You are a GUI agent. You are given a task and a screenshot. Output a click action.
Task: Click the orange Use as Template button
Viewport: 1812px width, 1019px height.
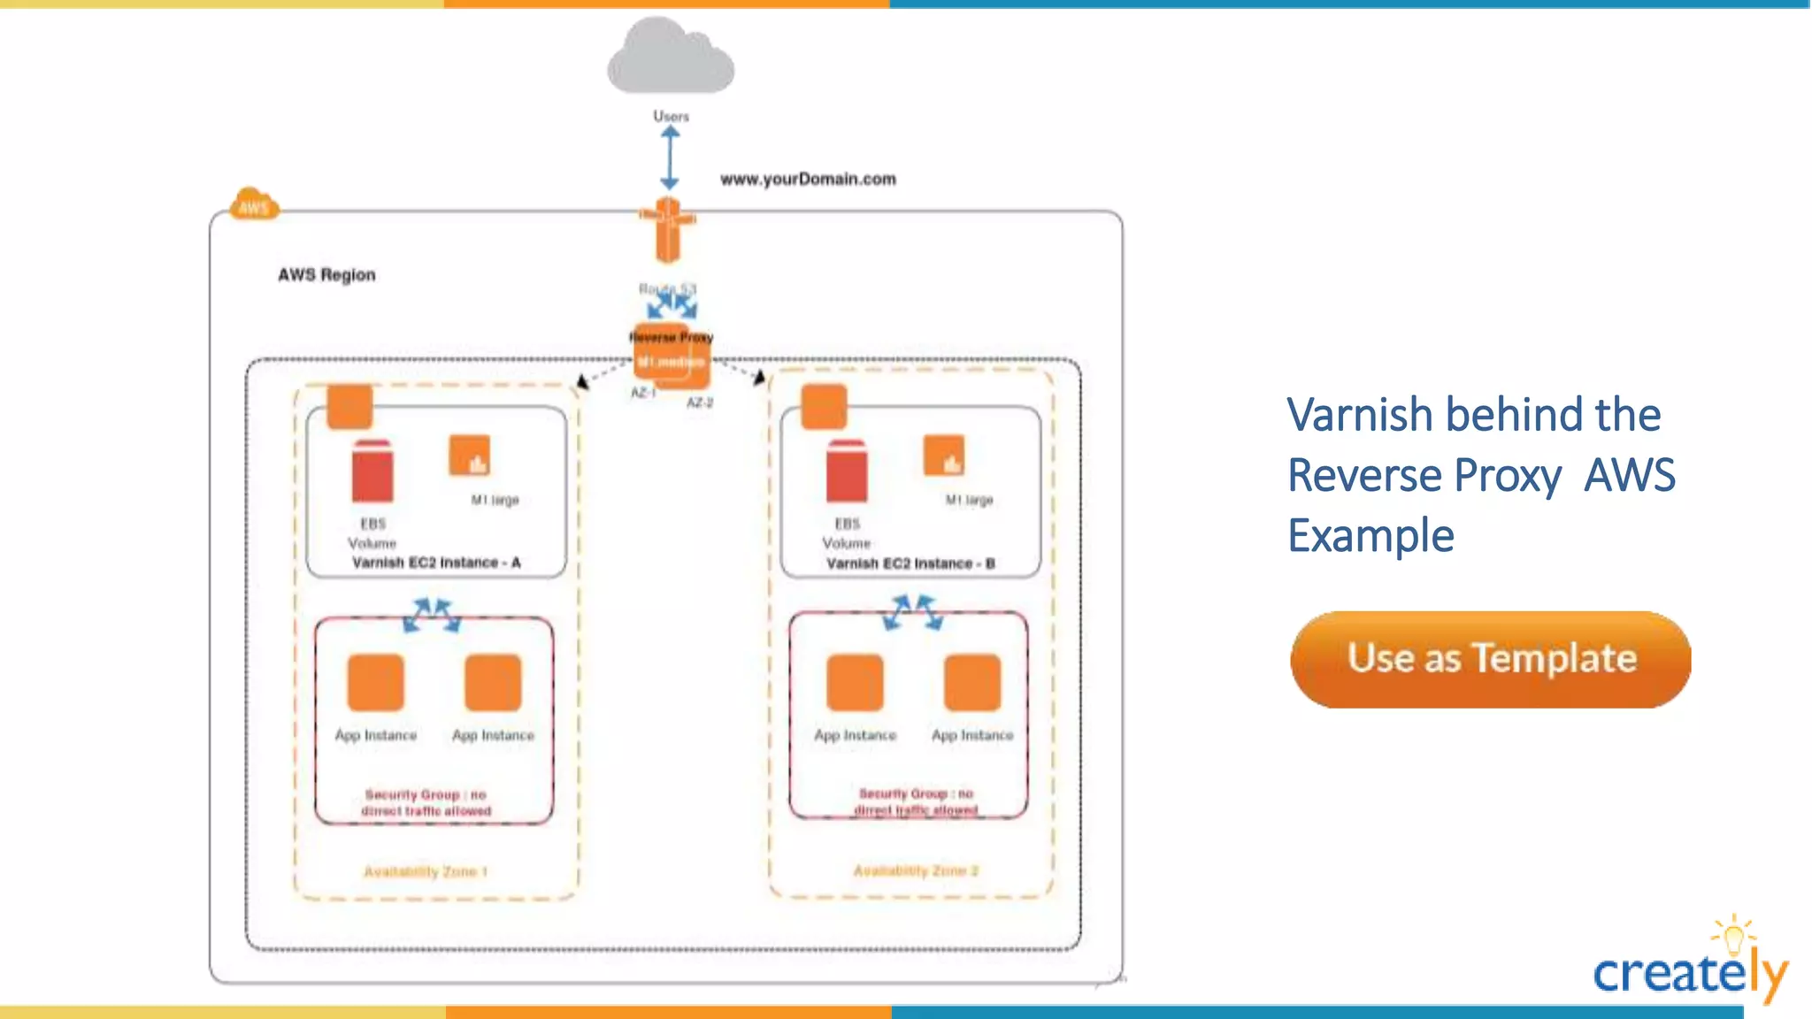pyautogui.click(x=1490, y=659)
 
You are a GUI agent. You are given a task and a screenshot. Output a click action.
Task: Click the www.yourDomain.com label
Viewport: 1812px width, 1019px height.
pyautogui.click(x=808, y=180)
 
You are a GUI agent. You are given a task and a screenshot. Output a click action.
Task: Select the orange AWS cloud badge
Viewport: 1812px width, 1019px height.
pyautogui.click(x=254, y=205)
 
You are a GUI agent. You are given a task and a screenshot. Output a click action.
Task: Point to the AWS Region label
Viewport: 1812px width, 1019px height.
pyautogui.click(x=326, y=275)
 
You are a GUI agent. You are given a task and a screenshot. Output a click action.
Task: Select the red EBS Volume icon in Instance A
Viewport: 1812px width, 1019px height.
pyautogui.click(x=372, y=471)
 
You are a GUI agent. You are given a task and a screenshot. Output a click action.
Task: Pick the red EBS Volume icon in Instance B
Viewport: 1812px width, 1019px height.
pyautogui.click(x=847, y=471)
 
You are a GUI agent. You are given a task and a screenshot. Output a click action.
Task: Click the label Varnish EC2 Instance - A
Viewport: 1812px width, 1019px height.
pyautogui.click(x=436, y=563)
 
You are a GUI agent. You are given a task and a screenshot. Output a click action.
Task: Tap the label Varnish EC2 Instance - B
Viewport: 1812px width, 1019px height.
pyautogui.click(x=910, y=563)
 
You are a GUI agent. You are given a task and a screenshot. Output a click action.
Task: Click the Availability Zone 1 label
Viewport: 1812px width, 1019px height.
pyautogui.click(x=426, y=871)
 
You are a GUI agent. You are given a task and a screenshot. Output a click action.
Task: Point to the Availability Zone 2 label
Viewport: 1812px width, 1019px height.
pyautogui.click(x=916, y=870)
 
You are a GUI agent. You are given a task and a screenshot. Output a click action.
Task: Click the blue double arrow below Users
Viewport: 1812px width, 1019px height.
pyautogui.click(x=670, y=157)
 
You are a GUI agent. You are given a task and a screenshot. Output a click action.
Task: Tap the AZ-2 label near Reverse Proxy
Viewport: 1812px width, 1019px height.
pyautogui.click(x=700, y=402)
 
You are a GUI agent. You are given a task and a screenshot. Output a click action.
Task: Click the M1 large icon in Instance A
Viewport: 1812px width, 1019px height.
pyautogui.click(x=469, y=456)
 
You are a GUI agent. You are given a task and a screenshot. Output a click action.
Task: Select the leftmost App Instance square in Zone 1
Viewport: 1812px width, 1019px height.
pyautogui.click(x=375, y=682)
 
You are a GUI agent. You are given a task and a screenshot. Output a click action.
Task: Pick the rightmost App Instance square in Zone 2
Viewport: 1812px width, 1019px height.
pyautogui.click(x=971, y=682)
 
